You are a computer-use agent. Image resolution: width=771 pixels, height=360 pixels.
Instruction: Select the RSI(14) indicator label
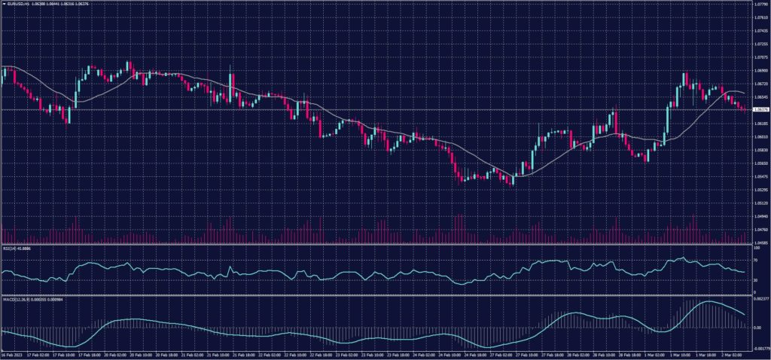[11, 248]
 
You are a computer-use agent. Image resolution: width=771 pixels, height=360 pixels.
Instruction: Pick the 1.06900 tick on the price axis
[759, 71]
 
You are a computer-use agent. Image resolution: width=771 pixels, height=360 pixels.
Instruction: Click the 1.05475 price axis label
[759, 176]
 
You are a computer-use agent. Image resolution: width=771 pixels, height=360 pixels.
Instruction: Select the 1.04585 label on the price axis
[759, 242]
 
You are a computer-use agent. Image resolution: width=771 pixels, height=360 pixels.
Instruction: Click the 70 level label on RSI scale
[755, 260]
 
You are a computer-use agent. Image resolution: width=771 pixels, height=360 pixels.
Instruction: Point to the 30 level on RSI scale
[755, 280]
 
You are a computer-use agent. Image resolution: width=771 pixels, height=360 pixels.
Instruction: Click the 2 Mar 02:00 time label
[731, 355]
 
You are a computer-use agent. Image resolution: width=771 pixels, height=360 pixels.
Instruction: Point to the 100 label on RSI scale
[756, 248]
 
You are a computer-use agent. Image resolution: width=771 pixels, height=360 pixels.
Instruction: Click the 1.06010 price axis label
[759, 136]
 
